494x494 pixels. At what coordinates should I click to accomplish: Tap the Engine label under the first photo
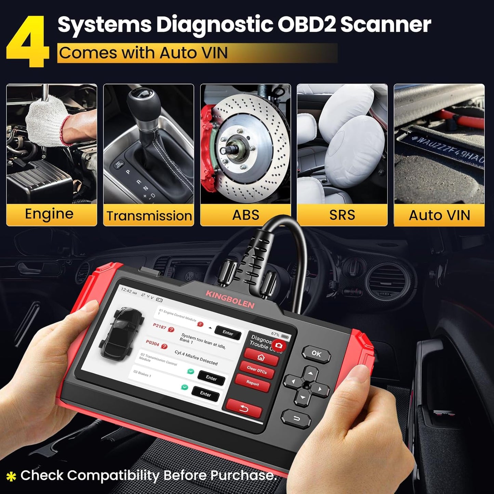(49, 214)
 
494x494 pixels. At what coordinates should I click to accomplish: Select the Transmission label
(149, 216)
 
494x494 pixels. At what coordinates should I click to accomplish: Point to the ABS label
(245, 215)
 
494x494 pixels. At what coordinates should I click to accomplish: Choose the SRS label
(342, 215)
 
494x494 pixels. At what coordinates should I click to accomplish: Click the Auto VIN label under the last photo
(439, 215)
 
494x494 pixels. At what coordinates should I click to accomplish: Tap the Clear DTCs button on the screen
(257, 370)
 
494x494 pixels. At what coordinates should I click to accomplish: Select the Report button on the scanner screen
(253, 383)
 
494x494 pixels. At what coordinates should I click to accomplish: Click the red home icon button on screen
(261, 358)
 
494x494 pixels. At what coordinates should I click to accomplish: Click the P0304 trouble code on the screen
(152, 343)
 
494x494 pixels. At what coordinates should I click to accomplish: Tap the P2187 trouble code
(159, 326)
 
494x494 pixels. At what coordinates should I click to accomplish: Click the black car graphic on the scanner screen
(121, 333)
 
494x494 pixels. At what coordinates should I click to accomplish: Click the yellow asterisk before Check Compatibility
(11, 476)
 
